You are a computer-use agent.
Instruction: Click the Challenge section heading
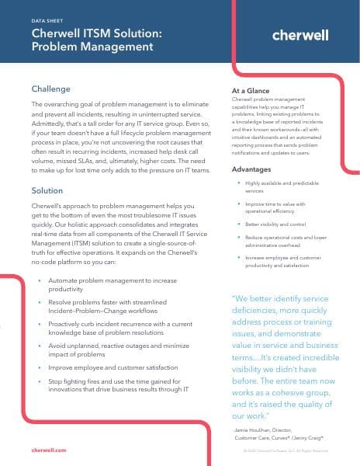click(50, 89)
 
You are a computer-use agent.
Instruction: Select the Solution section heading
click(47, 190)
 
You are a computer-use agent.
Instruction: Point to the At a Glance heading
click(251, 90)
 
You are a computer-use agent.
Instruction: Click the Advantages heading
click(252, 168)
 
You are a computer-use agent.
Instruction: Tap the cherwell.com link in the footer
click(49, 450)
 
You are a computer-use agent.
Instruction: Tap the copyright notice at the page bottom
click(285, 450)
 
